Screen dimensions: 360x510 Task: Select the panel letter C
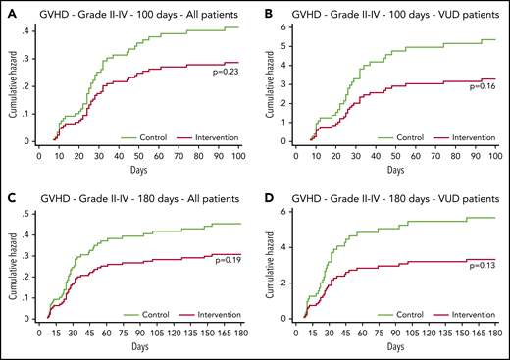tap(9, 193)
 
